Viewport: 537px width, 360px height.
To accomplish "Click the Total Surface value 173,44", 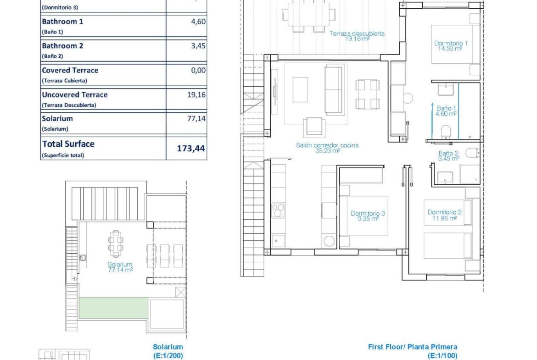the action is pos(191,148).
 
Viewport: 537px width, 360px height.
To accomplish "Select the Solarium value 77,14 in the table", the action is pos(196,118).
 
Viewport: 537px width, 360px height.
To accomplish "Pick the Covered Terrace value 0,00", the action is pos(198,70).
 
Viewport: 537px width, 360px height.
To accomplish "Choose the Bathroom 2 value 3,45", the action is pos(198,45).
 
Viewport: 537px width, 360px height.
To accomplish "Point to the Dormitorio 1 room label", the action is pos(451,46).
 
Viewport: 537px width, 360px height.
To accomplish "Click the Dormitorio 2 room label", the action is pos(444,215).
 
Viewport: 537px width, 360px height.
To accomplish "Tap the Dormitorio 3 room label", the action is pos(368,216).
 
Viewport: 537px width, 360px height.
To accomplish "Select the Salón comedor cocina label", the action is pos(327,148).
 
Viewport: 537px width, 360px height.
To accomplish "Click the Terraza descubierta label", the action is pos(357,36).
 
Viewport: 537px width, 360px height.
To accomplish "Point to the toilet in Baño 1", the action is pos(446,132).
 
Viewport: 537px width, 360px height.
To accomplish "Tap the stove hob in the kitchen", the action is pos(278,210).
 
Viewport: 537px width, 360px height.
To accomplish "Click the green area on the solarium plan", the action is pos(113,308).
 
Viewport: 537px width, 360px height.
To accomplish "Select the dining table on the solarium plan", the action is pos(116,244).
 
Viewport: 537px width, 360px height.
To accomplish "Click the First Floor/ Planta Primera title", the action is pos(413,347).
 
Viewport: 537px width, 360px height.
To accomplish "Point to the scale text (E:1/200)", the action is pos(168,355).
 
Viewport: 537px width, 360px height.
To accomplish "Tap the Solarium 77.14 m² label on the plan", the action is pos(120,267).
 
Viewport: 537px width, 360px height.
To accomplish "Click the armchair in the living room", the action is pos(314,127).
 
